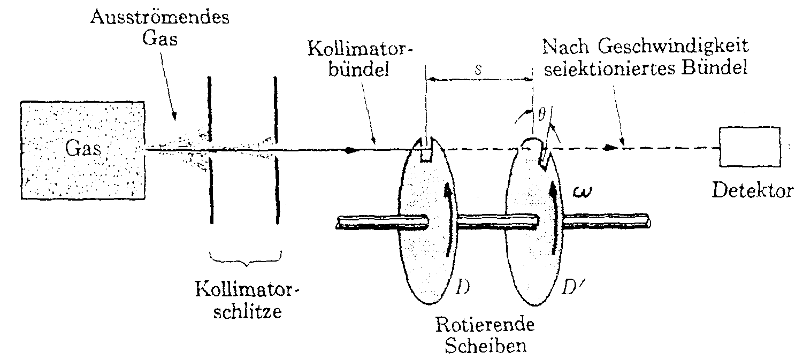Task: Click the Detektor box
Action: (x=749, y=147)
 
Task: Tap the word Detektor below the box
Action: (x=752, y=191)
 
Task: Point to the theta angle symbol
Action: (x=541, y=114)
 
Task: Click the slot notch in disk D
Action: (x=426, y=151)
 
